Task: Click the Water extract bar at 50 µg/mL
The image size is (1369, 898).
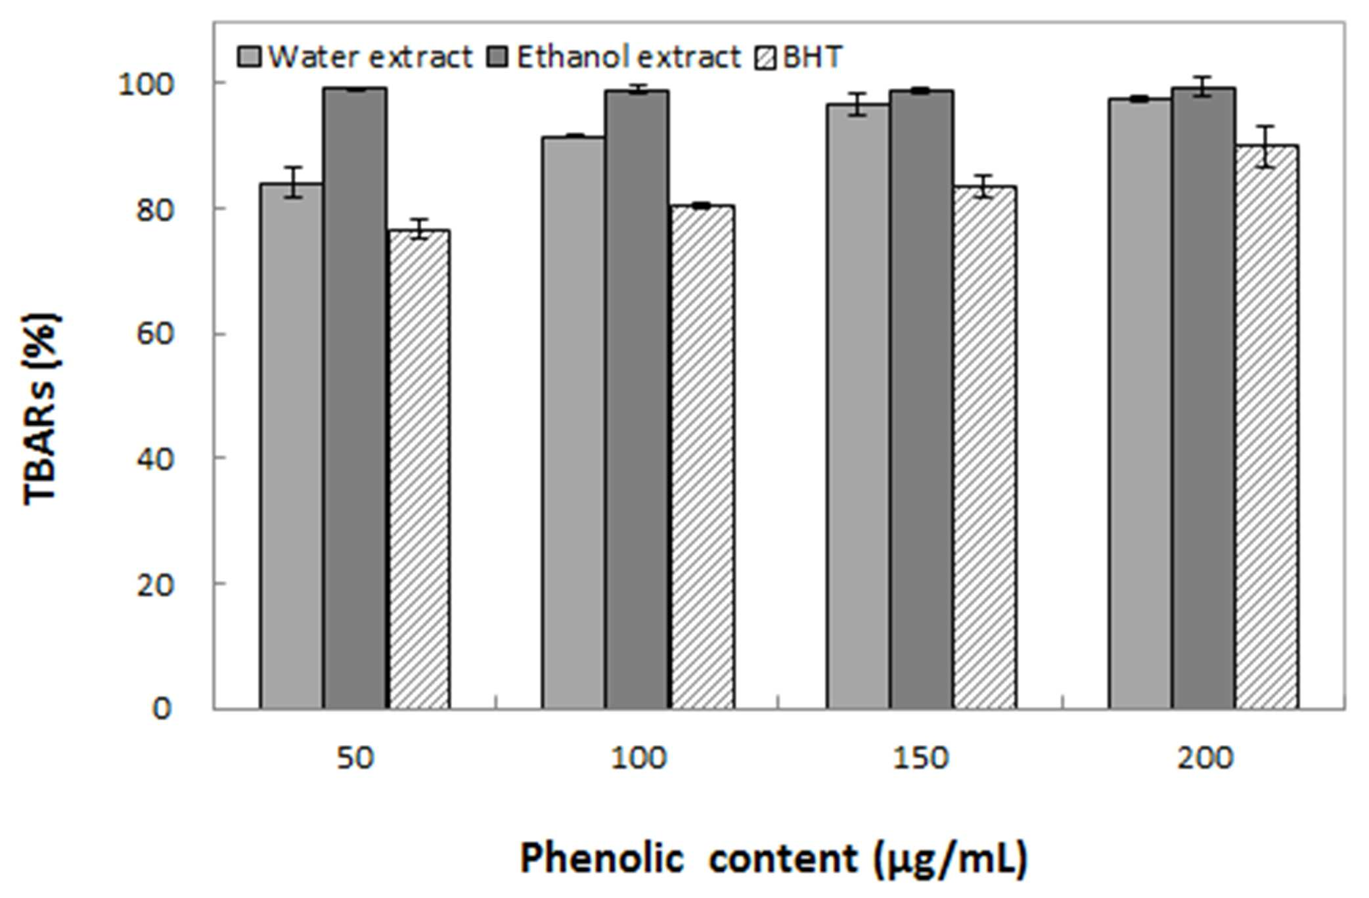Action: coord(291,446)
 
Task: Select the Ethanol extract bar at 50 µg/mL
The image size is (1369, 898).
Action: coord(355,398)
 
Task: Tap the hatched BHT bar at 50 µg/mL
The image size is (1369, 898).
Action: coord(419,469)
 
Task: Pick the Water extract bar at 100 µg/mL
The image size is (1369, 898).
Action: coord(573,422)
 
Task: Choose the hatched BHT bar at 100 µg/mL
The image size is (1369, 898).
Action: coord(702,457)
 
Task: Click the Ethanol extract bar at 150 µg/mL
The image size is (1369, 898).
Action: coord(922,399)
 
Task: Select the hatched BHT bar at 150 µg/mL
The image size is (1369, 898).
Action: coord(985,447)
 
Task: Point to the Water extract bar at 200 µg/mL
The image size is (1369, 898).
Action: coord(1140,403)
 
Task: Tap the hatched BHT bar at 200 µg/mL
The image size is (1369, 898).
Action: coord(1267,427)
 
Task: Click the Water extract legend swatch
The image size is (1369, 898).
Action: coord(250,57)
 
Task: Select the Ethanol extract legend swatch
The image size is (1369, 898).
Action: coord(498,57)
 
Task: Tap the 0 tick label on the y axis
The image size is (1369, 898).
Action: coord(162,709)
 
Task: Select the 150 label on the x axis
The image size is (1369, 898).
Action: coord(920,759)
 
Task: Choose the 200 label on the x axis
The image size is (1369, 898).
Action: coord(1205,759)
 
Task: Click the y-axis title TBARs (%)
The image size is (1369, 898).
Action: coord(41,409)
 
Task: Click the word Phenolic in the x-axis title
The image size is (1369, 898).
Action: coord(602,858)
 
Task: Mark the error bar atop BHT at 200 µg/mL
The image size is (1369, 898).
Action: coord(1267,146)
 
